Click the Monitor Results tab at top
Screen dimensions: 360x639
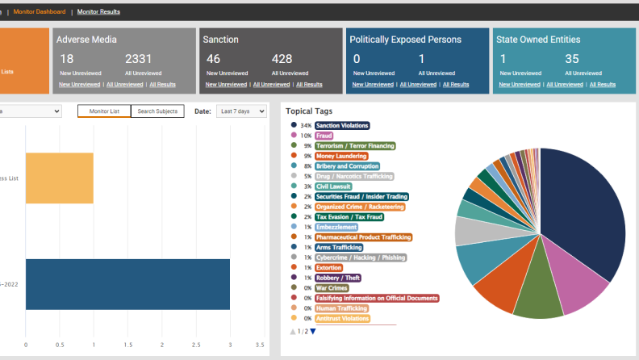coord(98,12)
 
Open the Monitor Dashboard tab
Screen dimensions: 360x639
coord(40,12)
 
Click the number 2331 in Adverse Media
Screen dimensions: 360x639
coord(139,59)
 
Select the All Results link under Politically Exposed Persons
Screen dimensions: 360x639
coord(454,84)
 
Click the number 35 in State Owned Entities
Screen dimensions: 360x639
coord(572,59)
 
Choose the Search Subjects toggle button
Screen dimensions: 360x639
coord(157,111)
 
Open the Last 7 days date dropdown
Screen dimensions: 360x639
coord(241,111)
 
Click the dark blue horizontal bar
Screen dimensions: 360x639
coord(127,284)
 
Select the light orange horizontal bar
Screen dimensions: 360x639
coord(59,178)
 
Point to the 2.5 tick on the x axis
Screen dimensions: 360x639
coord(196,345)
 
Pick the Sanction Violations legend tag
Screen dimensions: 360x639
coord(342,125)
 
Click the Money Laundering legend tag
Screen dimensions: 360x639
coord(341,156)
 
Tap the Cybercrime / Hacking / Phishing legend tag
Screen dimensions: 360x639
coord(361,257)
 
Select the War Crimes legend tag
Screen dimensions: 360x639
coord(332,287)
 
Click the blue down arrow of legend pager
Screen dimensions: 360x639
coord(313,332)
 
